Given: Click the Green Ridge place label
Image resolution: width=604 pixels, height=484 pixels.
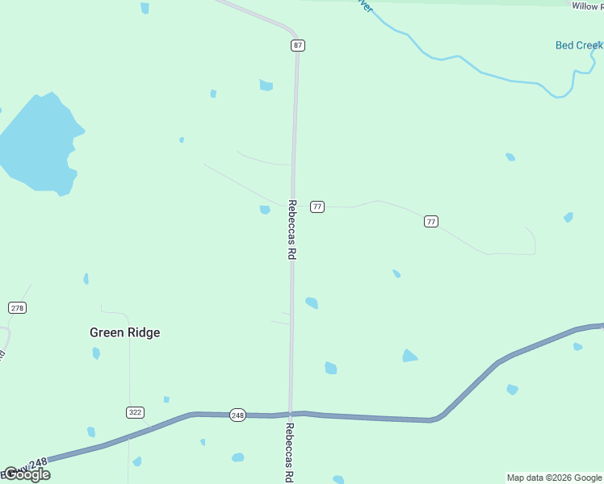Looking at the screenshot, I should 124,332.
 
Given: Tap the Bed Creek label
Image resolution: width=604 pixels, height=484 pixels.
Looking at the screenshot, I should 578,45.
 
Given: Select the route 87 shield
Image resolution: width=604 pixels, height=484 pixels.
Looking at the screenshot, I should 298,45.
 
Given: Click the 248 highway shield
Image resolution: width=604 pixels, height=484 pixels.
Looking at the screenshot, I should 237,415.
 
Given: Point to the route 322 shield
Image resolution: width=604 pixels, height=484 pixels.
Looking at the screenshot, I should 135,412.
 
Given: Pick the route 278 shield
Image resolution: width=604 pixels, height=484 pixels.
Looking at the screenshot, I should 18,307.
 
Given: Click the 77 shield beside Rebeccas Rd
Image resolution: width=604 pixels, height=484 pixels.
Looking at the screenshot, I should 317,207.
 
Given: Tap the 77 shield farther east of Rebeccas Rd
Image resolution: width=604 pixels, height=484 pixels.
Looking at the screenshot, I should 431,221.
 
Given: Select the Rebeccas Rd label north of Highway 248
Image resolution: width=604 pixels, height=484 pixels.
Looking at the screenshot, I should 292,230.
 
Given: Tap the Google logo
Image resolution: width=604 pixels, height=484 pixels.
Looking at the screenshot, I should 26,474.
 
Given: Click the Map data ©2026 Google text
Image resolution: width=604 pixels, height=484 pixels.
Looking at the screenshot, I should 553,478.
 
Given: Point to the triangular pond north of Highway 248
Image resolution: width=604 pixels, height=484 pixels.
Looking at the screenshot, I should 410,356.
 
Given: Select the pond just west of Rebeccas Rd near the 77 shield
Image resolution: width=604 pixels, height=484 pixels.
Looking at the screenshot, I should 265,210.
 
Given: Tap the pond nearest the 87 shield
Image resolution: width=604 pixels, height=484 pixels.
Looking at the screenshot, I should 266,85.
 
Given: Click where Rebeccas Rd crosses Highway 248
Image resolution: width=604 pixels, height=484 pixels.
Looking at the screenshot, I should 291,415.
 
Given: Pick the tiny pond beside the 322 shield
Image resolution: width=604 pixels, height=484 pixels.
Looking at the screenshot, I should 166,399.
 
